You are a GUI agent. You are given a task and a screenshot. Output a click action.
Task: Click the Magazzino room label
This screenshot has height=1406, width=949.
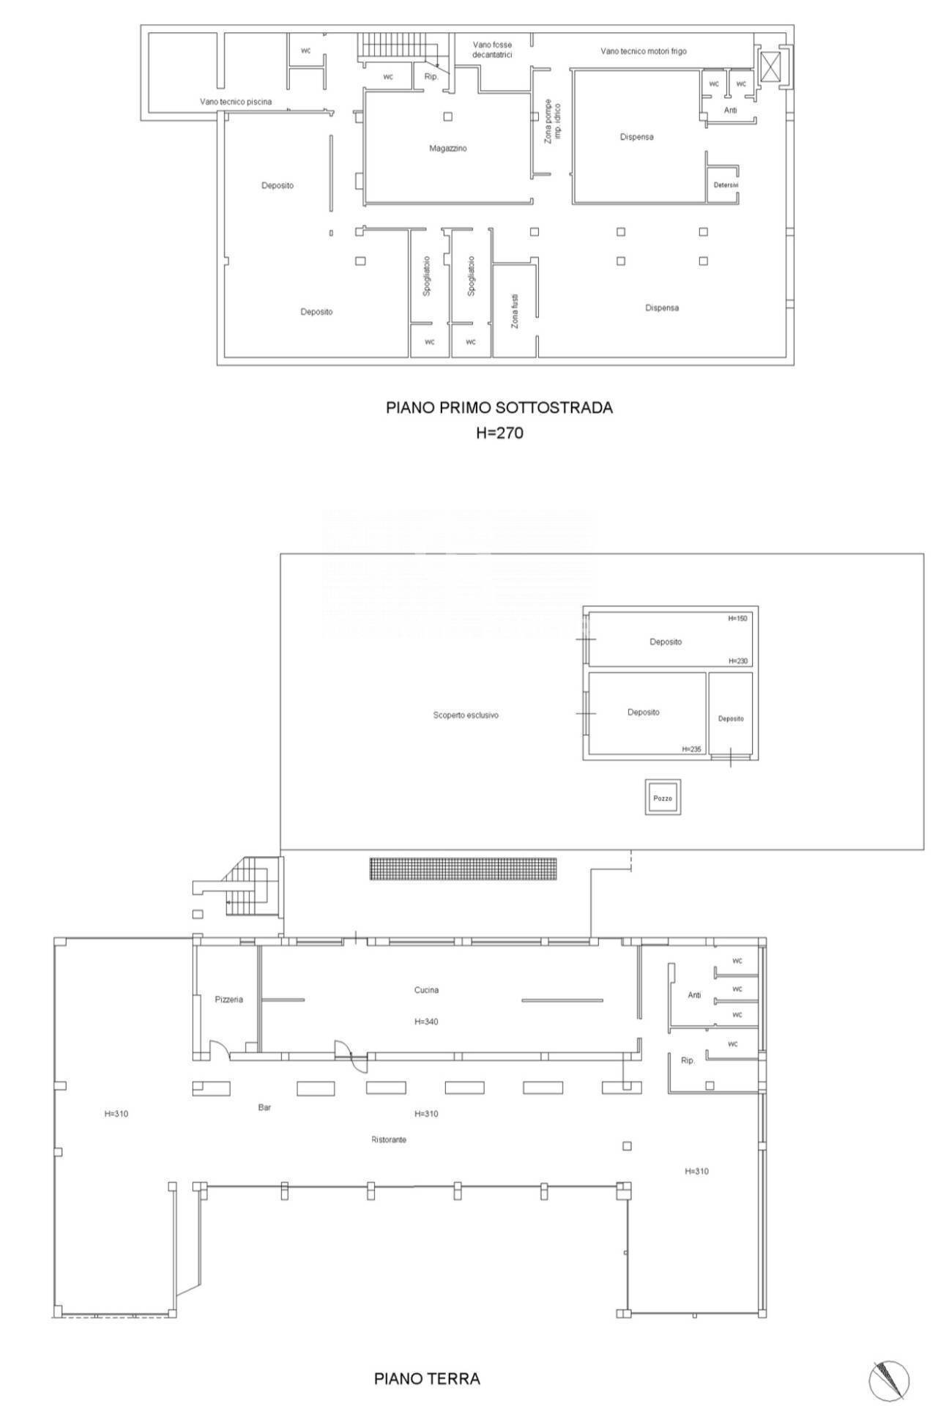(x=447, y=149)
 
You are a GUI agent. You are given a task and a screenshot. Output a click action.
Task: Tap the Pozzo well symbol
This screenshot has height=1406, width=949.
(x=663, y=797)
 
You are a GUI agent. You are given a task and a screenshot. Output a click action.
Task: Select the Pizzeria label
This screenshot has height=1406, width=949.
(x=228, y=1000)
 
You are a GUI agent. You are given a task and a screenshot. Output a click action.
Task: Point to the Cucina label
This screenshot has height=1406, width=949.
(x=426, y=990)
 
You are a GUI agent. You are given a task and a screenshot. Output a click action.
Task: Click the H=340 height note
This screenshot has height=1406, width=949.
(x=426, y=1022)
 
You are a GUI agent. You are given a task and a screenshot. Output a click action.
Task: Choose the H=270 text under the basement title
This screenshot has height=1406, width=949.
(x=499, y=433)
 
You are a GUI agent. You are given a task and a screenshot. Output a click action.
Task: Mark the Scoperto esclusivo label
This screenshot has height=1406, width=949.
(x=466, y=715)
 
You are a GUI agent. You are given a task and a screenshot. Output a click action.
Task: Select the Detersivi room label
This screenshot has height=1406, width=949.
(x=726, y=185)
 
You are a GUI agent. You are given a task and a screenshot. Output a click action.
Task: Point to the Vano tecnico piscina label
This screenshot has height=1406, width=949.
(x=236, y=102)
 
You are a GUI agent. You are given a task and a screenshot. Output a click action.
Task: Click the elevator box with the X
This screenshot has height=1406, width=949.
(x=771, y=67)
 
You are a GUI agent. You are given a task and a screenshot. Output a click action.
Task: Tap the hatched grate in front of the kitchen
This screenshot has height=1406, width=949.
(x=463, y=869)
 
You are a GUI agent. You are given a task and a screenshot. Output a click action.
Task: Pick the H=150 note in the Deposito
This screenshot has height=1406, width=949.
(x=737, y=619)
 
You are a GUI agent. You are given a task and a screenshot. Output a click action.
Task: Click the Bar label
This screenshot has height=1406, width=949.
(x=264, y=1107)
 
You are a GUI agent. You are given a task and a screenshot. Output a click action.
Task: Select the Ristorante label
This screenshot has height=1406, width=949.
(x=389, y=1139)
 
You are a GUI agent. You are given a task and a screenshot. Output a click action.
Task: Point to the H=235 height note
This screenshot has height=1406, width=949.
(x=691, y=749)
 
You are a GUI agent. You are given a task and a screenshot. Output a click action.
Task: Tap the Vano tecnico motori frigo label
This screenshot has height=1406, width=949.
(x=644, y=51)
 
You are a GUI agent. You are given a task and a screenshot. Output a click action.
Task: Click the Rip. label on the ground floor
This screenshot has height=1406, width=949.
(x=688, y=1060)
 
